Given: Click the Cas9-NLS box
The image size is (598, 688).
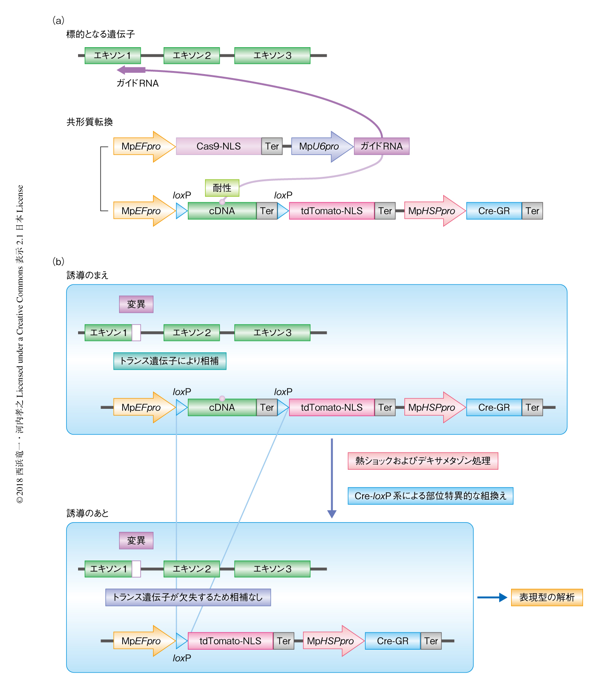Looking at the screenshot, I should [218, 146].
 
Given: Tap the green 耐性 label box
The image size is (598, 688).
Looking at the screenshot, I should [222, 188].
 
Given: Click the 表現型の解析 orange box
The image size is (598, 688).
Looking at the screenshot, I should [546, 598].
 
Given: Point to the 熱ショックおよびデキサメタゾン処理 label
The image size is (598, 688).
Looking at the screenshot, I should [422, 461].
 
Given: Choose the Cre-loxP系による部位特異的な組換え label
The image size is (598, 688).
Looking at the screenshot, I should [430, 496].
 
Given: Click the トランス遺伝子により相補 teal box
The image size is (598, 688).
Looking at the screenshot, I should [169, 361].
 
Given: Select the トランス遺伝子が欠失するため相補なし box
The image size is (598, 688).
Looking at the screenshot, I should [188, 597].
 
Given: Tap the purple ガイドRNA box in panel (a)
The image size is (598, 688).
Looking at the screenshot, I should [381, 146].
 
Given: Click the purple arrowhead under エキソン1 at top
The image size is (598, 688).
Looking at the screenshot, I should [123, 70].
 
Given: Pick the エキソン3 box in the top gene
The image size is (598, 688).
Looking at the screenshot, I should [272, 56].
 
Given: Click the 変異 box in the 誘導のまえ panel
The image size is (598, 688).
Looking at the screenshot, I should [136, 304].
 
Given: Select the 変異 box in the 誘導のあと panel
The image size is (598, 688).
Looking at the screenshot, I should [136, 541].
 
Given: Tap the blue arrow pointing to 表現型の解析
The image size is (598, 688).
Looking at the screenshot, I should [492, 598].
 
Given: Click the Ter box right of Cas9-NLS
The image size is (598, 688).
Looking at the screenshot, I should [272, 146].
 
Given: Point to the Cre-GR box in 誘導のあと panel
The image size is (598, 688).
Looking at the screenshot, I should [392, 641].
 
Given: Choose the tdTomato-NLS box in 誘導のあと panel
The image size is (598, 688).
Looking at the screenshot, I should [230, 641].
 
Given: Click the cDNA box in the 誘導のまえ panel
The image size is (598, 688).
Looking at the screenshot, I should [222, 408].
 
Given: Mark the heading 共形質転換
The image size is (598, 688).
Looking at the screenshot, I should [90, 122].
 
